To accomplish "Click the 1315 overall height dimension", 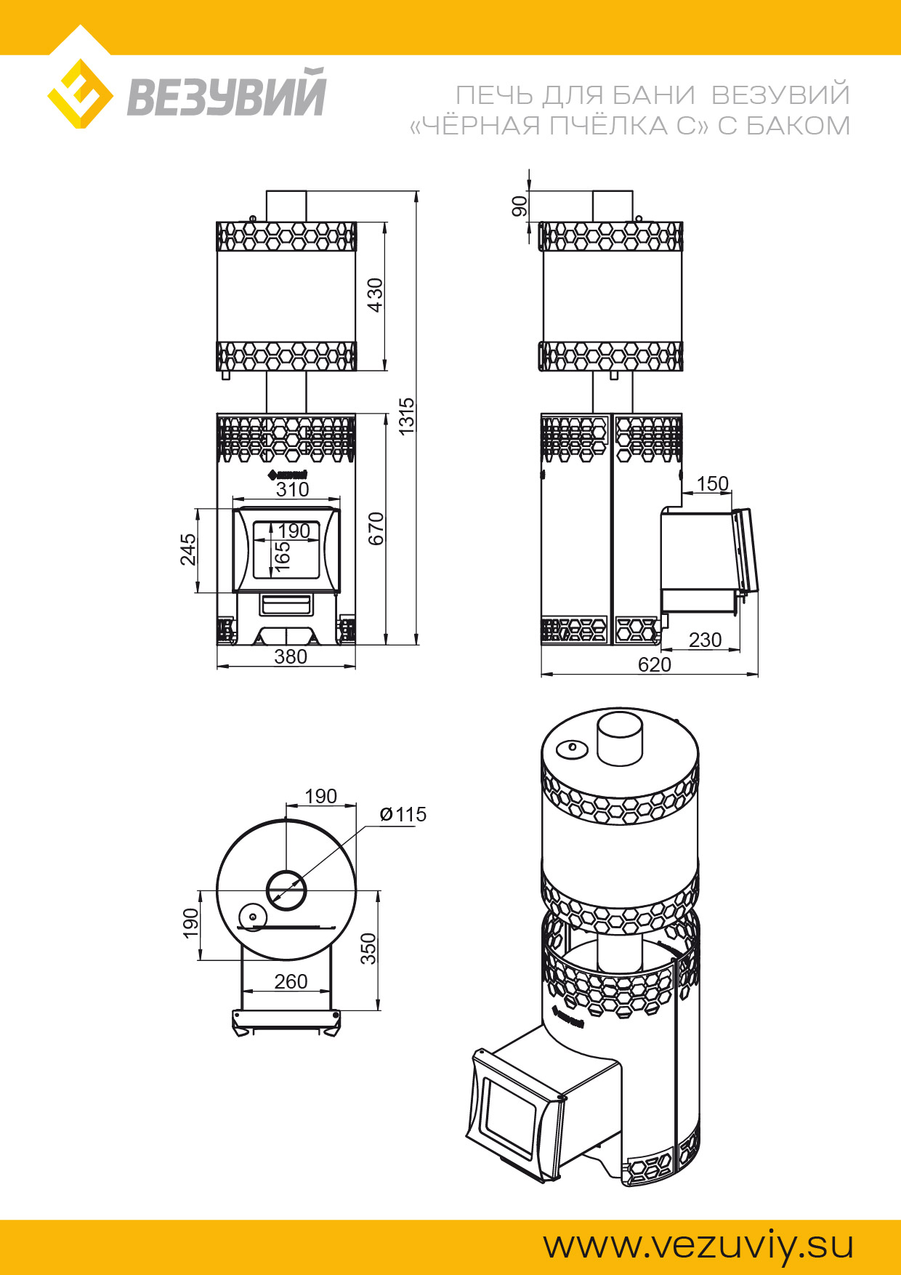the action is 407,416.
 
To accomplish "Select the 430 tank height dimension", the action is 375,295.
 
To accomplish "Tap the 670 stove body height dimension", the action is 376,528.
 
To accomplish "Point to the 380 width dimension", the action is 291,656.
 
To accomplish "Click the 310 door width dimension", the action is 292,489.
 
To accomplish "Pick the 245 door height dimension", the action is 188,550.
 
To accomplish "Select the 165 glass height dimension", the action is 283,556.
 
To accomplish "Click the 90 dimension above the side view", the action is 520,206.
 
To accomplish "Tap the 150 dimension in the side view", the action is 712,483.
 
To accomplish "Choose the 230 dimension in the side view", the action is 705,640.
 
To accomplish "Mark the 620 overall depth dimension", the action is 654,664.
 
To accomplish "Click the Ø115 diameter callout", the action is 403,814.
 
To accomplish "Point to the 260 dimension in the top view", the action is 291,981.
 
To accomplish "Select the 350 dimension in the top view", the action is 369,949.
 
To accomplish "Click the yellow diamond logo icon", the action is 80,94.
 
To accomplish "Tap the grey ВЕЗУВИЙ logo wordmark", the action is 227,93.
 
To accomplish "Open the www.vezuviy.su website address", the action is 698,1245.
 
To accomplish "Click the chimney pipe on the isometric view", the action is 620,739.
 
